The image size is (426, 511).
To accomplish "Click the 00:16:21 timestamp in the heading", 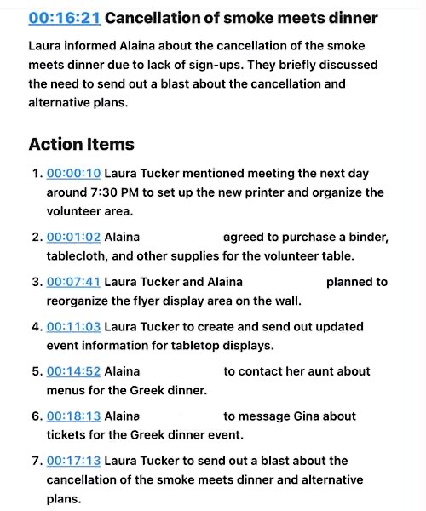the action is [x=65, y=17].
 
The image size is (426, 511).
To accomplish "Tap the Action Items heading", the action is [x=81, y=144].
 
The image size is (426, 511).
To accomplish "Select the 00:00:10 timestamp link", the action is [x=73, y=172].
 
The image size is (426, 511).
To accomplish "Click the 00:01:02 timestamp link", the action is [x=73, y=237].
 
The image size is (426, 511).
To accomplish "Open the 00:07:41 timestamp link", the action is [x=73, y=282].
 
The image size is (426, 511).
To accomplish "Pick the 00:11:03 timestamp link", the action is [x=73, y=326].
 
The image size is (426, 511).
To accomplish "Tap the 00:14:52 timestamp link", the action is [x=73, y=371].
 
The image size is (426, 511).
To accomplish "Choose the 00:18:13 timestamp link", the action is [x=73, y=416].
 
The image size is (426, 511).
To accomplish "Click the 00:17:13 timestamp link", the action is [x=73, y=461].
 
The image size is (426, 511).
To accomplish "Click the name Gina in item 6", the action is [x=314, y=416].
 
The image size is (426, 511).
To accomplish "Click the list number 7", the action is [x=36, y=461].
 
